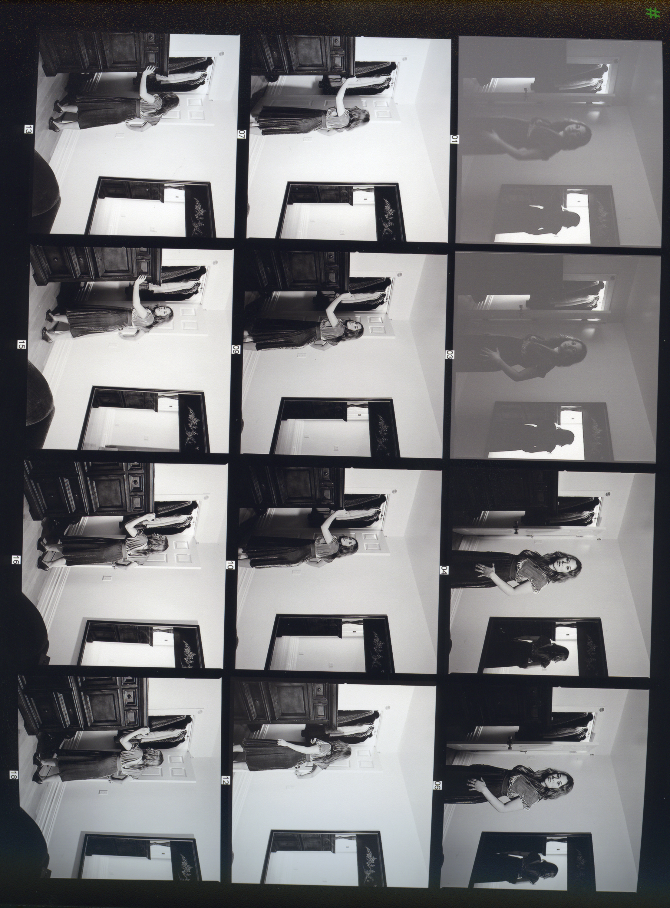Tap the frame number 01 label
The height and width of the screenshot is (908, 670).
point(455,140)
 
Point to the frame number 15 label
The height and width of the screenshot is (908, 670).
point(21,345)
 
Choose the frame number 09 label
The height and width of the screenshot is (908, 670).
point(236,349)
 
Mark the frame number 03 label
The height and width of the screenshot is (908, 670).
point(449,355)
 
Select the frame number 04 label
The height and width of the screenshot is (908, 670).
point(444,570)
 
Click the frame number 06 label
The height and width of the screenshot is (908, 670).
point(438,785)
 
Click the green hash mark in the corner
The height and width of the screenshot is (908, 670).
point(652,13)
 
